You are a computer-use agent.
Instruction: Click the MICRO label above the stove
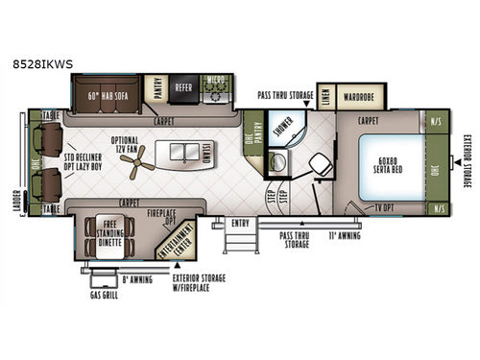click(x=218, y=80)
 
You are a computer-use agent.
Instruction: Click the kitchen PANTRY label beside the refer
click(x=156, y=84)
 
